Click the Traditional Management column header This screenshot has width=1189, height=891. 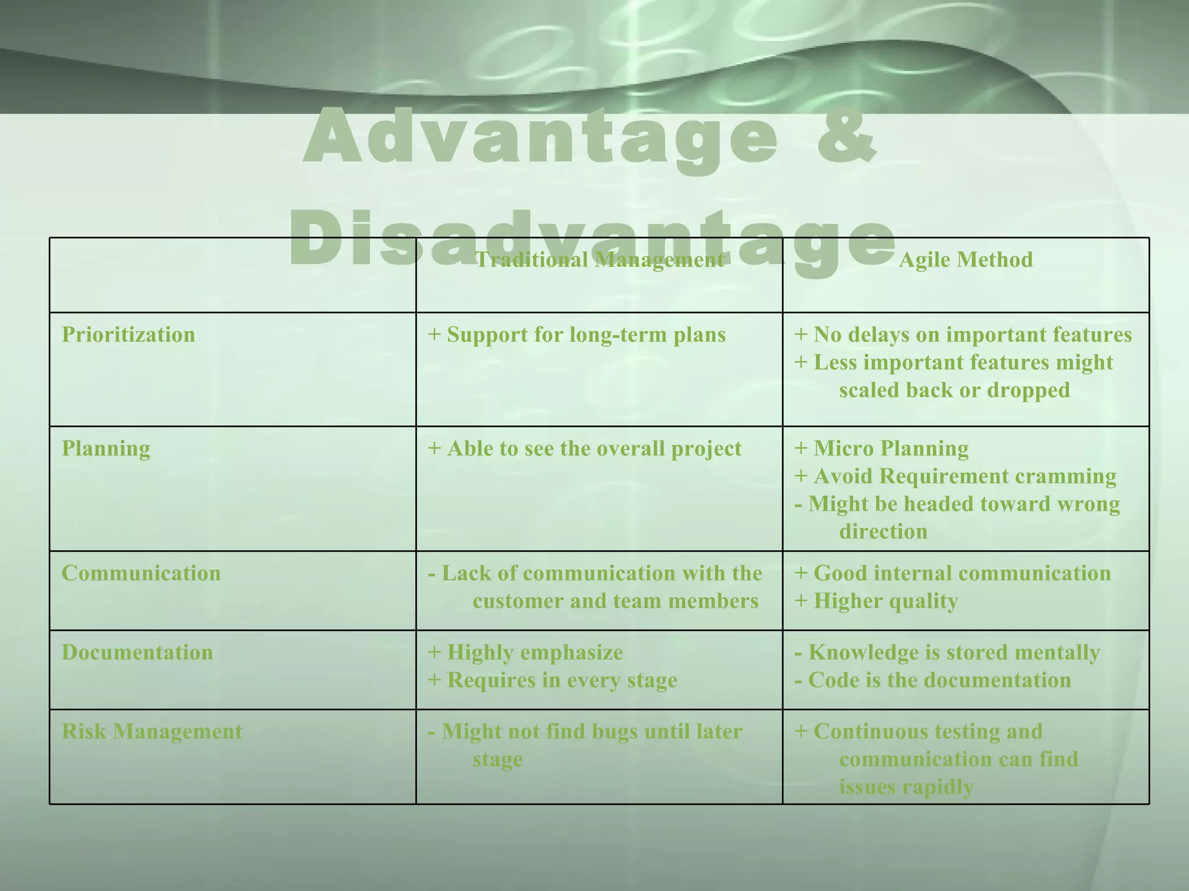coord(599,260)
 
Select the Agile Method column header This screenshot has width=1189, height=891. coord(965,260)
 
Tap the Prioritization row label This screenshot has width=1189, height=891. coord(128,335)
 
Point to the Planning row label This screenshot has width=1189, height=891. coord(106,448)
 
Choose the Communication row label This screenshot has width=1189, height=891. coord(141,573)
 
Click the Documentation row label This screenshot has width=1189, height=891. coord(137,653)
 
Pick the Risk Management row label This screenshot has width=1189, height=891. coord(152,731)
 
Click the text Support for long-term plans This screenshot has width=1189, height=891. coord(585,335)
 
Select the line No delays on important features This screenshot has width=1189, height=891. coord(972,335)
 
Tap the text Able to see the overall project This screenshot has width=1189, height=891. coord(593,448)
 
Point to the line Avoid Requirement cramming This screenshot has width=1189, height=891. coord(964,476)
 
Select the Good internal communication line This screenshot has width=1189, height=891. coord(961,573)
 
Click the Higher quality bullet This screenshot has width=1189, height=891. coord(885,601)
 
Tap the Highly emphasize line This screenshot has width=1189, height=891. coord(534,653)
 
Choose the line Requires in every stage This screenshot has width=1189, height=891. coord(561,680)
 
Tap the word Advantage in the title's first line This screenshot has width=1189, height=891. coord(540,139)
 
